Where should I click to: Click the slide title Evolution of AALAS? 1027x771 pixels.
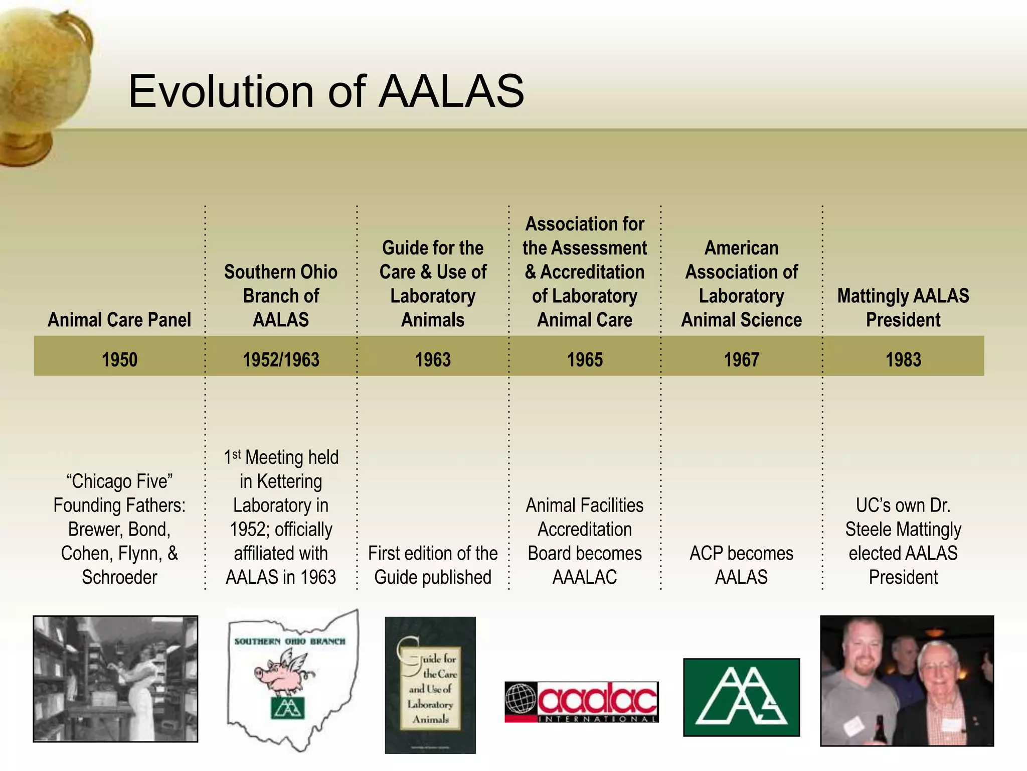(x=326, y=91)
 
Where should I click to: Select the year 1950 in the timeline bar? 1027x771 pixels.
(x=119, y=359)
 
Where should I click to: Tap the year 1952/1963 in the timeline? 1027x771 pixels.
(x=281, y=359)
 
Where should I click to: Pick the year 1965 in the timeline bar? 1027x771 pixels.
(x=585, y=359)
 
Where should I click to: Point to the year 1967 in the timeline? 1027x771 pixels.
(x=741, y=359)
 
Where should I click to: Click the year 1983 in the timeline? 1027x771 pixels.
(x=903, y=359)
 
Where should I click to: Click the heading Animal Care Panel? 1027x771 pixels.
(x=119, y=320)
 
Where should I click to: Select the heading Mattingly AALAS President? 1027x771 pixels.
(x=903, y=308)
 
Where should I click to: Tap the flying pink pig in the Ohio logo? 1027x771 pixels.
(x=283, y=670)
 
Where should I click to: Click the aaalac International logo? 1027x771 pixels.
(x=582, y=702)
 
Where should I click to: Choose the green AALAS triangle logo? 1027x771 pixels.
(x=741, y=698)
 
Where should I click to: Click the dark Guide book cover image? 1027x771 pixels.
(x=430, y=685)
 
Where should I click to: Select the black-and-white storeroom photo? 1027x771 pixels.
(x=115, y=679)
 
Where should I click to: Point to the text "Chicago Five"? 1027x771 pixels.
(x=119, y=481)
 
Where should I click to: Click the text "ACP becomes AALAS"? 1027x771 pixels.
(x=741, y=565)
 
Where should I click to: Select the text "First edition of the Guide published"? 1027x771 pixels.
(x=433, y=565)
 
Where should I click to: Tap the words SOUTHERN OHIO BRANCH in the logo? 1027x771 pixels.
(x=290, y=641)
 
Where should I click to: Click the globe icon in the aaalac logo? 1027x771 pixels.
(x=521, y=699)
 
